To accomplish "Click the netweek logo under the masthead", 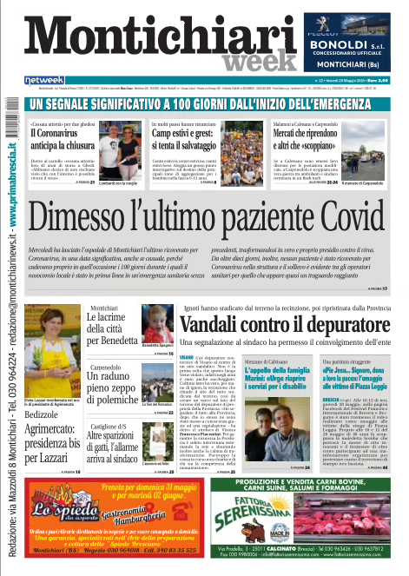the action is pos(45,80).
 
